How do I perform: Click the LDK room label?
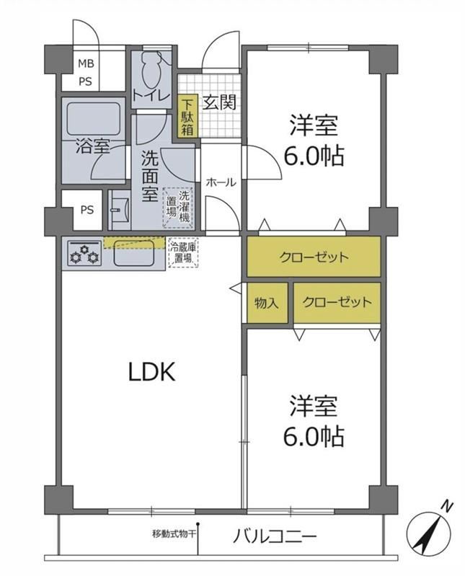151,372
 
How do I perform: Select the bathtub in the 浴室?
94,119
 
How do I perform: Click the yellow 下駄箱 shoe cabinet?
187,116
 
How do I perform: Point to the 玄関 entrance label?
220,102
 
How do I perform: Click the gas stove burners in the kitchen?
85,254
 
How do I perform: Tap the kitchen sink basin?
133,253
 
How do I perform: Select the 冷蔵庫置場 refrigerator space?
183,253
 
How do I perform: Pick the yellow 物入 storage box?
267,303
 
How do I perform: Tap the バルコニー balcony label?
275,537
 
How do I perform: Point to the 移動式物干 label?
174,533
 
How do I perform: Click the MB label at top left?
86,63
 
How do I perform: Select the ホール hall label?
221,182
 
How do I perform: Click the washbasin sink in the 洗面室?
120,210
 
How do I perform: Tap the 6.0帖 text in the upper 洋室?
314,156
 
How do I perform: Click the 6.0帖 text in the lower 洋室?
314,436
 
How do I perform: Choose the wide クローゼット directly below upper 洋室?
314,257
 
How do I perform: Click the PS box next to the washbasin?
87,210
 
